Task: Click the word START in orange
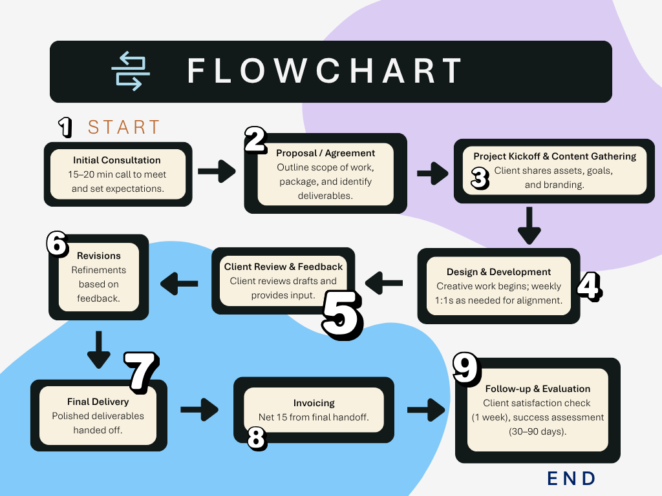coord(123,127)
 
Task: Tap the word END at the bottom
coord(571,479)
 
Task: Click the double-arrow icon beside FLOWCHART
coord(131,71)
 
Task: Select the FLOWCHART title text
coord(325,71)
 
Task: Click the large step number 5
coord(342,314)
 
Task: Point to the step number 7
coord(142,372)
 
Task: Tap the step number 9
coord(465,369)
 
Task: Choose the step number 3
coord(479,179)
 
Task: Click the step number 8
coord(257,439)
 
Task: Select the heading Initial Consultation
coord(117,160)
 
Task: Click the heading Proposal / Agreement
coord(325,153)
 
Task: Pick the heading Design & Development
coord(498,272)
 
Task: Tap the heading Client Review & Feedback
coord(283,267)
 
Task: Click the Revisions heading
coord(98,256)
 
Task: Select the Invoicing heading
coord(314,403)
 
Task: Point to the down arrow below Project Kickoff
coord(529,225)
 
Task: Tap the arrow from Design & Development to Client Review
coord(384,281)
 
